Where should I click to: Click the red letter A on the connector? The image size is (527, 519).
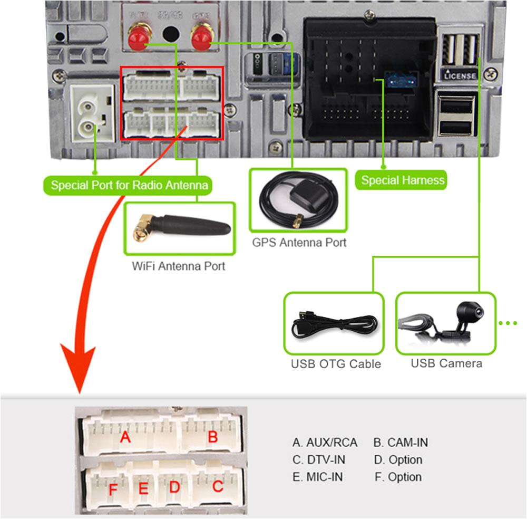pyautogui.click(x=125, y=437)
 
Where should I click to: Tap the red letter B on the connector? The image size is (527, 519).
pyautogui.click(x=212, y=437)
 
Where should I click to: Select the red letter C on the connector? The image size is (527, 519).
pyautogui.click(x=218, y=486)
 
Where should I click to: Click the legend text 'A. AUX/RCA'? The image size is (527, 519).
pyautogui.click(x=325, y=443)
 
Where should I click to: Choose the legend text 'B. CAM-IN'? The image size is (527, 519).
pyautogui.click(x=401, y=443)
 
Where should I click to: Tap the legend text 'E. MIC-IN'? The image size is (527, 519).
pyautogui.click(x=318, y=477)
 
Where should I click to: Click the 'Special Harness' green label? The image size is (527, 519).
pyautogui.click(x=403, y=180)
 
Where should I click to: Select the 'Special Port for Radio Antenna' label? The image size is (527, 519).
pyautogui.click(x=129, y=185)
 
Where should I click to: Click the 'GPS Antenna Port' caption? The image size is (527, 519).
pyautogui.click(x=299, y=243)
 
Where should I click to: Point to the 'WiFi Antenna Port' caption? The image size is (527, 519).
pyautogui.click(x=178, y=266)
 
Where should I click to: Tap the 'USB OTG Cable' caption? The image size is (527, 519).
pyautogui.click(x=336, y=364)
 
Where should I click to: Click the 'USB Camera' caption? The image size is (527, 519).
pyautogui.click(x=446, y=363)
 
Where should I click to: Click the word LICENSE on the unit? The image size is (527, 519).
pyautogui.click(x=460, y=76)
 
